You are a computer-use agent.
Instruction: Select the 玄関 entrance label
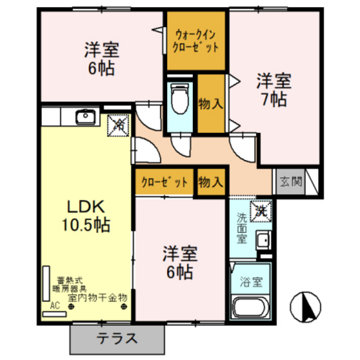pyautogui.click(x=290, y=182)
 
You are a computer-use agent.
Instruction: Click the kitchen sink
pyautogui.click(x=85, y=117)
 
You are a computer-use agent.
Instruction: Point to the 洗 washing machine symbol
pyautogui.click(x=261, y=209)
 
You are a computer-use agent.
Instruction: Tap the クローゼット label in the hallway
pyautogui.click(x=164, y=182)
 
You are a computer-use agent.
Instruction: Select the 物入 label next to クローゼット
pyautogui.click(x=210, y=182)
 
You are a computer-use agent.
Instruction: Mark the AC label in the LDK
pyautogui.click(x=55, y=307)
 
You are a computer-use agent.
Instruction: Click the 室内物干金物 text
pyautogui.click(x=98, y=298)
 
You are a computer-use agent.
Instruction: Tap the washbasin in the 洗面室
pyautogui.click(x=263, y=240)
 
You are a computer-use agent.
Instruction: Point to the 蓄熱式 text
pyautogui.click(x=68, y=280)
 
